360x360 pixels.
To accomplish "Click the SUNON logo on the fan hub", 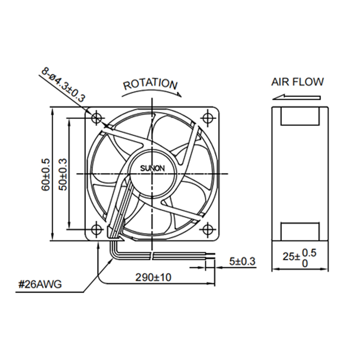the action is (x=153, y=168).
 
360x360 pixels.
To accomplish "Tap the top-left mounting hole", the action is (x=97, y=118).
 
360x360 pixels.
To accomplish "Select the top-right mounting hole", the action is (x=208, y=118).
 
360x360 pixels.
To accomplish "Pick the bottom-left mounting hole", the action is (x=97, y=229).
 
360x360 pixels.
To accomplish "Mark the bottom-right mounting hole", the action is (x=208, y=229).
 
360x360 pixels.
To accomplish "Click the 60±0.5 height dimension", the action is (x=46, y=175).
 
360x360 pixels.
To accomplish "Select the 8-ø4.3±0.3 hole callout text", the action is (x=63, y=84).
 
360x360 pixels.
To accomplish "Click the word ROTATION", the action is (x=150, y=84).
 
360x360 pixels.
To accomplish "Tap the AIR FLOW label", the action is (x=298, y=82).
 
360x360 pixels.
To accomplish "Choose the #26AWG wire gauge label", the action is (x=40, y=285).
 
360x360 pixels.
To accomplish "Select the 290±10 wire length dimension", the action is (x=153, y=277).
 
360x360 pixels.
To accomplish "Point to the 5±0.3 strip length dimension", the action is (x=242, y=261).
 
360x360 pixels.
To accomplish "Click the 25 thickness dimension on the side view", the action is (x=300, y=258).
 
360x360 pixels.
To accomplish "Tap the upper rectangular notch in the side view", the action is (x=300, y=116).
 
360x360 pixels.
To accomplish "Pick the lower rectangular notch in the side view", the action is (x=300, y=231).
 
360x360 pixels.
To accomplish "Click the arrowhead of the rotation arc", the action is (x=179, y=95).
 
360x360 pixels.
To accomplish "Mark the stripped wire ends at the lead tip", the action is (x=210, y=256).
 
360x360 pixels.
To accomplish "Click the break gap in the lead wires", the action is (x=152, y=256).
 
